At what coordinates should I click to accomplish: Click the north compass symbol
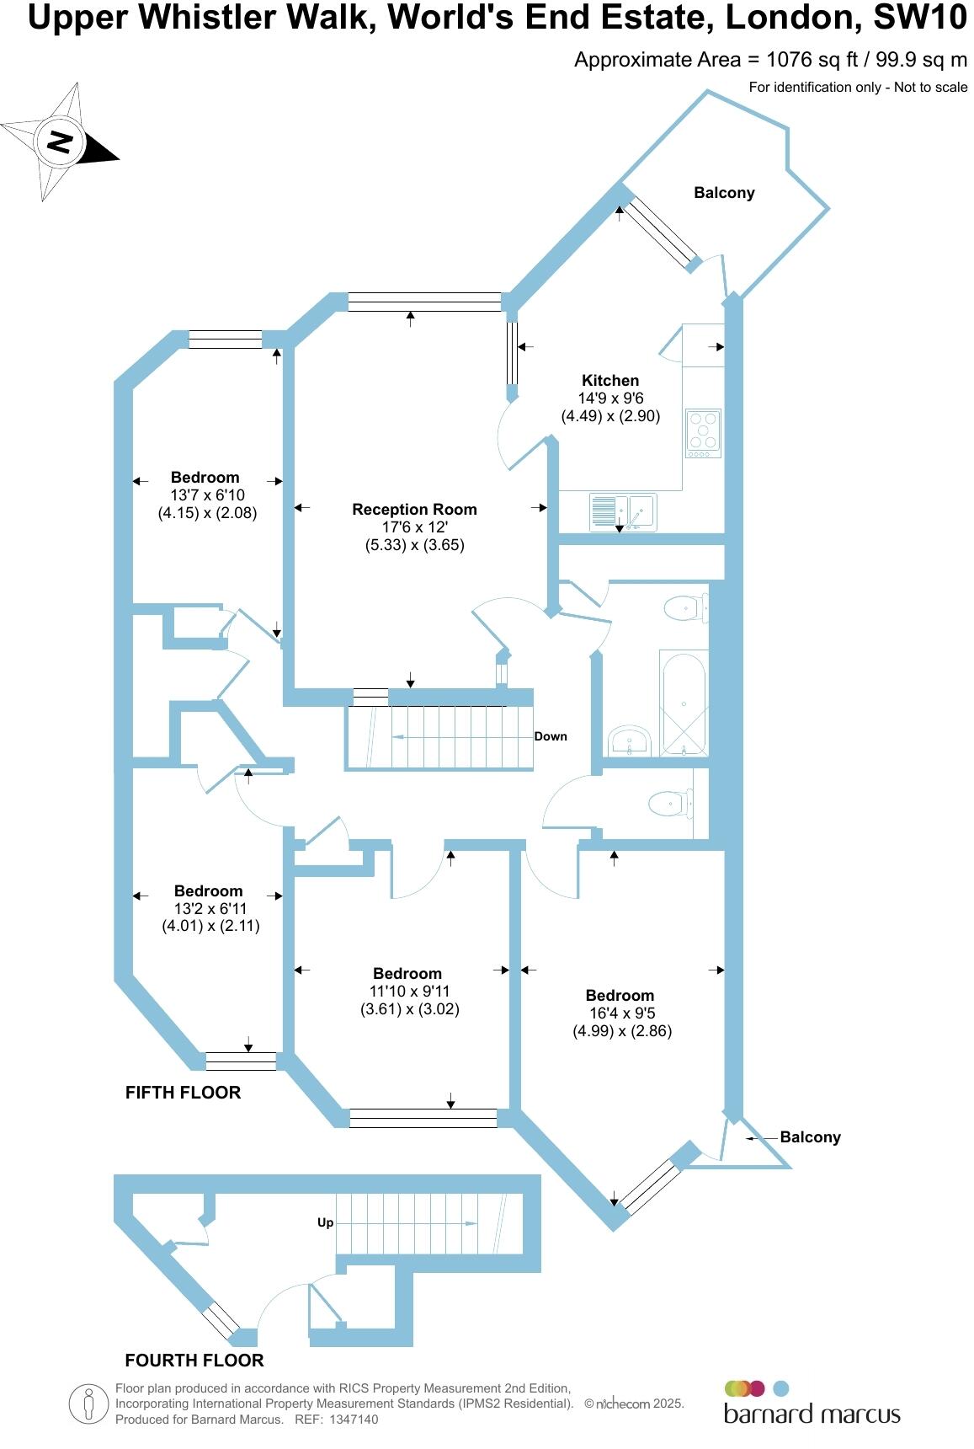(x=59, y=142)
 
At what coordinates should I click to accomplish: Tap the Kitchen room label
(x=610, y=380)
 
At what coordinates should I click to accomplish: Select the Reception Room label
(x=414, y=509)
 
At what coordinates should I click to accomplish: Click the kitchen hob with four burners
(x=703, y=432)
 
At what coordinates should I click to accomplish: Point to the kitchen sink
(x=623, y=511)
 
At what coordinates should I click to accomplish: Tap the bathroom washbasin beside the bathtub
(x=629, y=741)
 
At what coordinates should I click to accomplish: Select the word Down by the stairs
(x=551, y=736)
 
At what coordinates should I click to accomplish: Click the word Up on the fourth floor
(x=325, y=1222)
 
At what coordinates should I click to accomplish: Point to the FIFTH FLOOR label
(x=183, y=1092)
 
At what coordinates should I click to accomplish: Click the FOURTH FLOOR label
(x=194, y=1360)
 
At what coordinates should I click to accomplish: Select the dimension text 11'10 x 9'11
(x=409, y=992)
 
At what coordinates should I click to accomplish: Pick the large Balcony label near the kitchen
(x=724, y=193)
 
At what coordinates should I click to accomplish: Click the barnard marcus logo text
(x=812, y=1414)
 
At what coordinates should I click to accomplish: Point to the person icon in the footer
(x=88, y=1404)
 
